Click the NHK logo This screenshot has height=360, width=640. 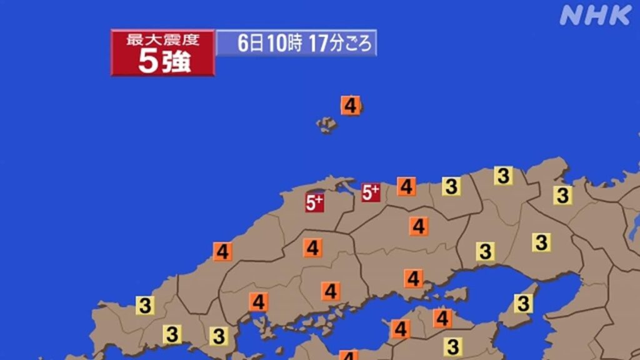(x=595, y=14)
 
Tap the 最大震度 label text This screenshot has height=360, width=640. (x=162, y=40)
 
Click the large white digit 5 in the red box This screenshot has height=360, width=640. (x=147, y=62)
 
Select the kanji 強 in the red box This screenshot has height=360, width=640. (x=176, y=62)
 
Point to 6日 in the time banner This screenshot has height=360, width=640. (x=251, y=44)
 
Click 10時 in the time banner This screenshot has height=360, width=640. (x=284, y=44)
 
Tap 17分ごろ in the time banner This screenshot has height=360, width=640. (x=340, y=44)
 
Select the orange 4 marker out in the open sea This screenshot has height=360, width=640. (x=351, y=106)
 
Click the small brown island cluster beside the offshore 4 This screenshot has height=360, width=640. (x=327, y=124)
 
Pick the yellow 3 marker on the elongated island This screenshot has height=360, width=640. (x=523, y=304)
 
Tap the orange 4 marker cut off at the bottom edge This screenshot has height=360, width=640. (x=349, y=355)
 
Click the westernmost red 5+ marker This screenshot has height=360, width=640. (x=314, y=202)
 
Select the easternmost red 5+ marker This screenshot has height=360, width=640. (x=371, y=192)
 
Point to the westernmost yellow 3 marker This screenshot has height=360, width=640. (x=145, y=306)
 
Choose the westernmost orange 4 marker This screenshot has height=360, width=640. (x=222, y=252)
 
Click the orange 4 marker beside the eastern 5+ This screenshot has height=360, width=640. (x=406, y=186)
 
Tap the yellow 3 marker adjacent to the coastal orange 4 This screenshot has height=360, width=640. (x=451, y=186)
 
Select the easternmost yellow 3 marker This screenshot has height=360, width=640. (x=562, y=195)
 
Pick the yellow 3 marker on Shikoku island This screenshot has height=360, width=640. (x=453, y=346)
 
